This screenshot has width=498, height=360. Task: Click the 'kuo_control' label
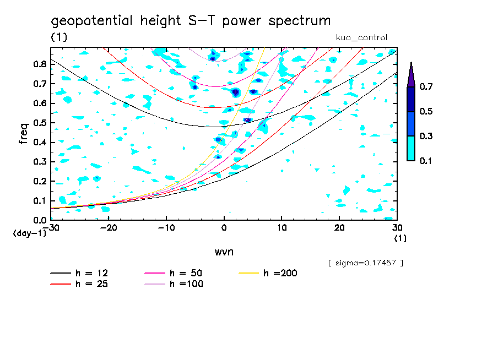coord(361,37)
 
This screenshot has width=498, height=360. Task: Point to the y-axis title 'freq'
coord(24,133)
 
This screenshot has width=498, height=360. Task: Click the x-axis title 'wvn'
coord(224,252)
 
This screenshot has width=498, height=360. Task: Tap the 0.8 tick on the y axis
coord(39,64)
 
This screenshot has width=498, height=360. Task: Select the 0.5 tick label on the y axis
coord(39,123)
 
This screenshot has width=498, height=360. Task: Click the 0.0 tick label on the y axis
coord(39,220)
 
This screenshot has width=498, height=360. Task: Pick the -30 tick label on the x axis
coord(51,227)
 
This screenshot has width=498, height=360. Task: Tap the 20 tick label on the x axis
coord(339,227)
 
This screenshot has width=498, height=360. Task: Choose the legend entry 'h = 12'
coord(91,273)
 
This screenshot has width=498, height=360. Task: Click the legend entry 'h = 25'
coord(91,284)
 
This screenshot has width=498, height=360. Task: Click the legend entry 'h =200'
coord(280,273)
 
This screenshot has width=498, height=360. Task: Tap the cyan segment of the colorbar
coord(411,148)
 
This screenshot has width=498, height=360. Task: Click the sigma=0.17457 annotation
coord(365,263)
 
